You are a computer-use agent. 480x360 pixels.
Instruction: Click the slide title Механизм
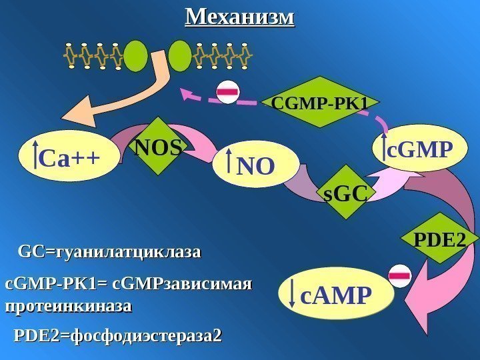(x=239, y=16)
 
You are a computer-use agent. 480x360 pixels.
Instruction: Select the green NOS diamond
(x=159, y=147)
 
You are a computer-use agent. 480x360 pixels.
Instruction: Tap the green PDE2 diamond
(x=439, y=238)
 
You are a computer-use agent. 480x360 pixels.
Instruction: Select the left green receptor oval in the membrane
(x=137, y=56)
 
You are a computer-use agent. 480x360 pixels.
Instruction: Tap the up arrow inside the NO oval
(x=229, y=163)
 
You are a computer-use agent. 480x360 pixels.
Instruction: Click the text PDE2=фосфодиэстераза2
(x=117, y=335)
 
